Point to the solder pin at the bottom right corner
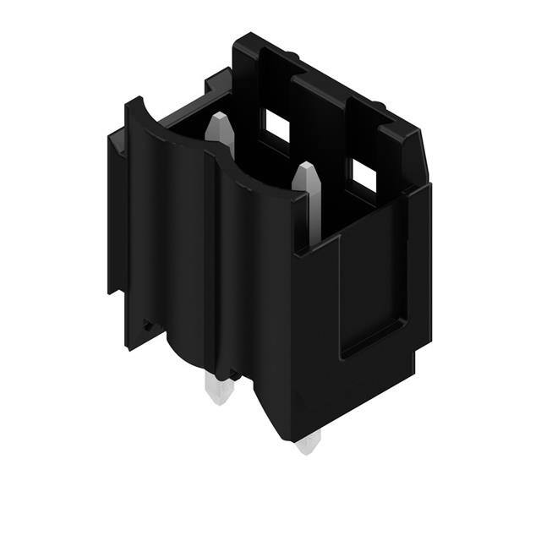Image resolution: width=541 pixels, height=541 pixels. (x=309, y=441)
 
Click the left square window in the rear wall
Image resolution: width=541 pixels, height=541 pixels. (x=277, y=127)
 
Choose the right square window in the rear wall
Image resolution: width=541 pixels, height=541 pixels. (x=363, y=175)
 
